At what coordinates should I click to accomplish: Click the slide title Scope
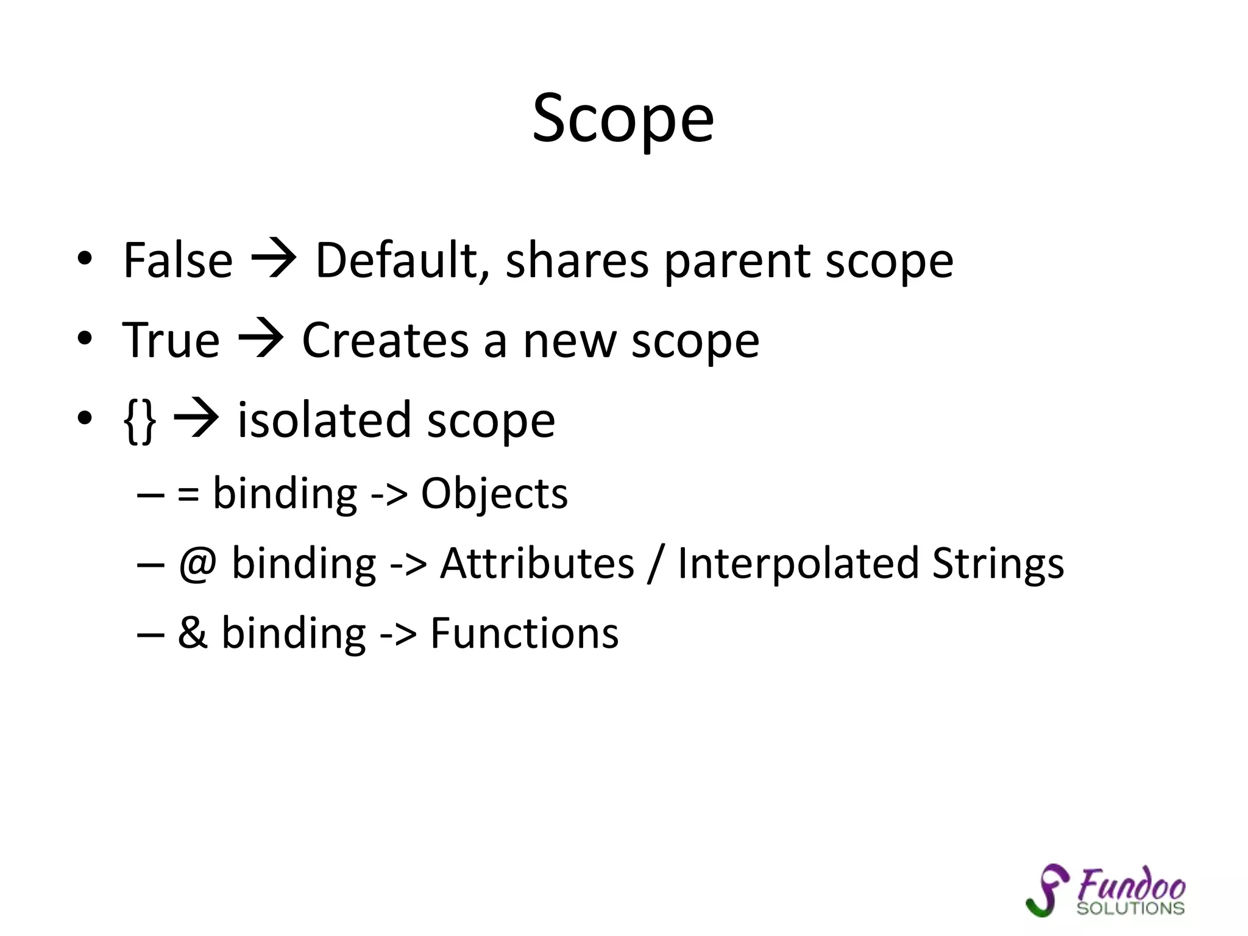[623, 119]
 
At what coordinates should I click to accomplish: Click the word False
[178, 261]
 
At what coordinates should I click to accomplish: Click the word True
[171, 340]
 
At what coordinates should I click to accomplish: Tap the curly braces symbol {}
[140, 420]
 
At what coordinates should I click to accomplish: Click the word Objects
[494, 494]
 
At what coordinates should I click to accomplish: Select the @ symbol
[197, 564]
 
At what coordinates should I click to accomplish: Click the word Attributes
[537, 564]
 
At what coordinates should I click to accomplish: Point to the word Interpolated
[798, 564]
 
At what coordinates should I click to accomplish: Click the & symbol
[193, 633]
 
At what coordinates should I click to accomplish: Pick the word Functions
[524, 633]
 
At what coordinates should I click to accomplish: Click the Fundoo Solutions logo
[1105, 891]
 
